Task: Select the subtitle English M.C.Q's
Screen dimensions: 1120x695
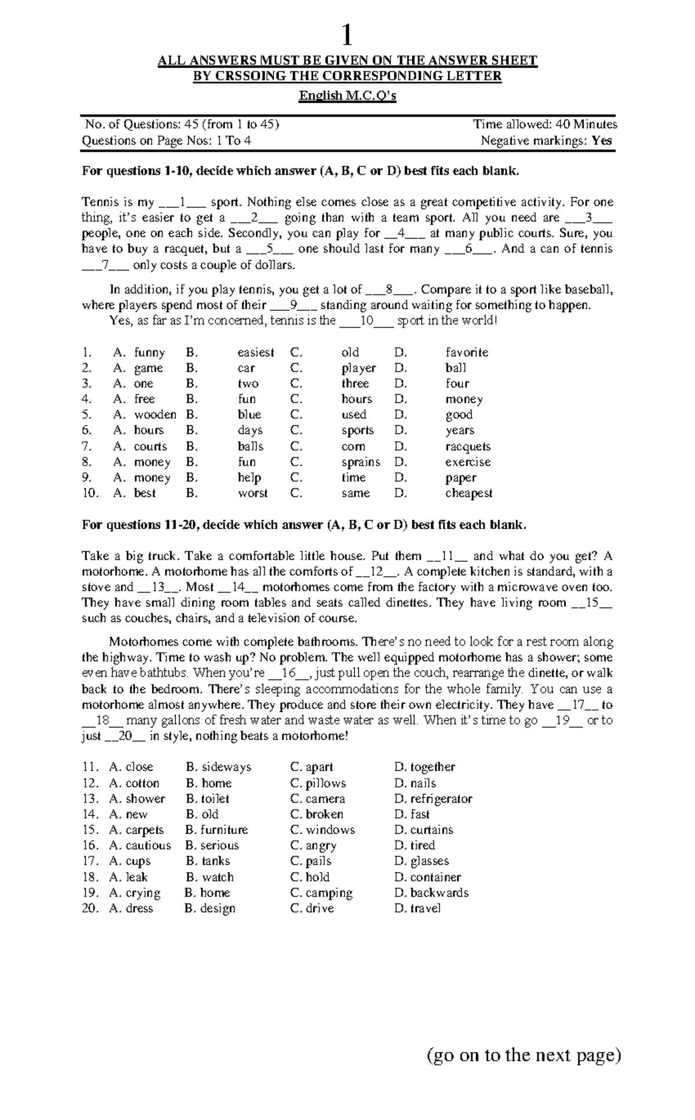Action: (347, 96)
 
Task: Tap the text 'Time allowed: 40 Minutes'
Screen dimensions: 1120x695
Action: (544, 124)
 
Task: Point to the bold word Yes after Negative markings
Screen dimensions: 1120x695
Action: (602, 140)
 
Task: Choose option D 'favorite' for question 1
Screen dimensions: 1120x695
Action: (466, 352)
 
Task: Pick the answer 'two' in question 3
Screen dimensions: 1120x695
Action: (248, 383)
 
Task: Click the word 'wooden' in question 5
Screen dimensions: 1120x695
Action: (155, 415)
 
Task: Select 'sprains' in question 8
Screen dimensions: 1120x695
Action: (360, 462)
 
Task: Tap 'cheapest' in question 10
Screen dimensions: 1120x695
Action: (469, 493)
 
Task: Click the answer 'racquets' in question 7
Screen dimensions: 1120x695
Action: (467, 446)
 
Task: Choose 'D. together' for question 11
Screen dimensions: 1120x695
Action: (425, 767)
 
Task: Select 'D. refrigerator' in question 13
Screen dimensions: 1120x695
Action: (433, 799)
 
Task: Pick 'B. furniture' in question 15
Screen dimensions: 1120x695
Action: (217, 830)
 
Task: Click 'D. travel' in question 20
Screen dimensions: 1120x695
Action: (417, 908)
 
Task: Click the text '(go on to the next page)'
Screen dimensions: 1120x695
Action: (524, 1055)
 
